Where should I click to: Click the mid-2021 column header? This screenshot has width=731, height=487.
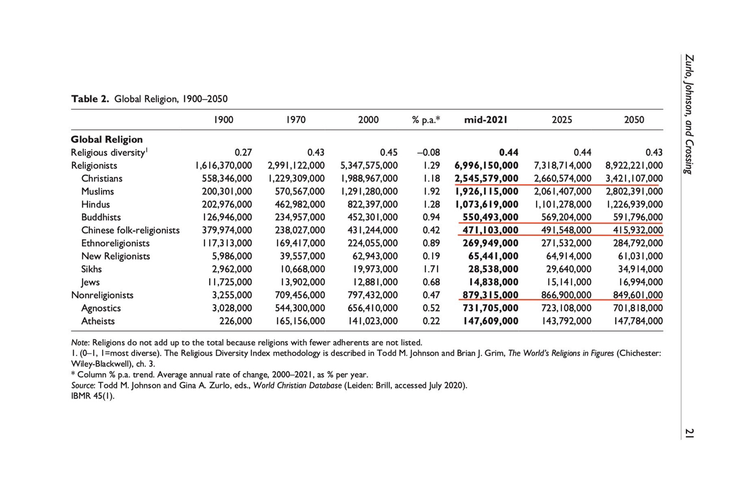point(486,120)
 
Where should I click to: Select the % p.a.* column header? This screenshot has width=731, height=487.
point(426,120)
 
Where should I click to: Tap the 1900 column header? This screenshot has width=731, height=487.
point(224,120)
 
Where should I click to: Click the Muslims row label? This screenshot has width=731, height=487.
point(97,192)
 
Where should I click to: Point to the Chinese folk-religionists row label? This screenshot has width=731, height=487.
point(130,230)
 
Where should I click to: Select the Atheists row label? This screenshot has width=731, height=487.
point(98,321)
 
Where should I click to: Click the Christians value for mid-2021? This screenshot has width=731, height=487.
point(486,178)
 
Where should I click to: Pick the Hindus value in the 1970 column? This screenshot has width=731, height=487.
point(300,204)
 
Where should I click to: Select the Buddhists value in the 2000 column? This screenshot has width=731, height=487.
point(372,217)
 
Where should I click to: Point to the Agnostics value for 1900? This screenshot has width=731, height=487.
point(232,308)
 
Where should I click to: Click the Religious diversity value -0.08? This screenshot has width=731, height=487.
point(429,152)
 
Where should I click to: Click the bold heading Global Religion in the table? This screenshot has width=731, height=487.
point(106,140)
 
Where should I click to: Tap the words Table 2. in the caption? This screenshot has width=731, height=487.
point(90,99)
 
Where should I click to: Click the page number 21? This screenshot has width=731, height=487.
point(689,433)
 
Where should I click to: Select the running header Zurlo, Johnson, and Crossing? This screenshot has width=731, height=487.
point(689,114)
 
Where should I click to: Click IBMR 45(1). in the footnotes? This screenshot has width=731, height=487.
point(93,396)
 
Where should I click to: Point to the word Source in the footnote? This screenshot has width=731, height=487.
point(83,385)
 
